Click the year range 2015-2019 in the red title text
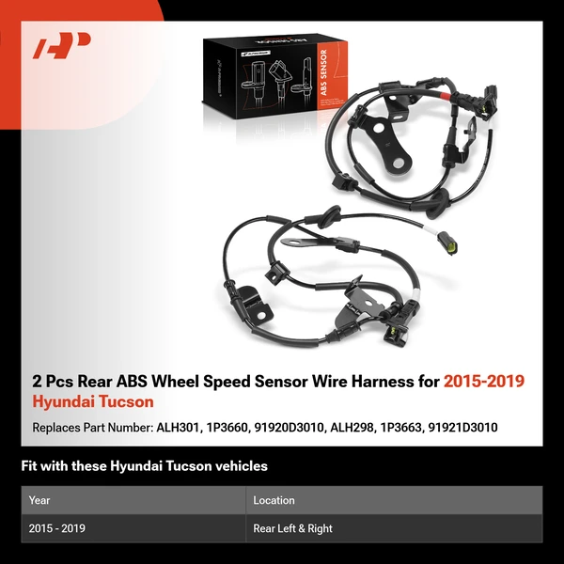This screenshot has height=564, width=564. (483, 382)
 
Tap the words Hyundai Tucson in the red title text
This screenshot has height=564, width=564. (93, 401)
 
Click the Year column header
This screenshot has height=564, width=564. (39, 500)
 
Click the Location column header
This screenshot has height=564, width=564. (274, 500)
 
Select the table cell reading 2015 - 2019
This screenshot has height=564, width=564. (57, 528)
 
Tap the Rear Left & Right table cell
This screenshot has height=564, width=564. (293, 528)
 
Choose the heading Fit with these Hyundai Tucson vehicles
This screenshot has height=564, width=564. (144, 465)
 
